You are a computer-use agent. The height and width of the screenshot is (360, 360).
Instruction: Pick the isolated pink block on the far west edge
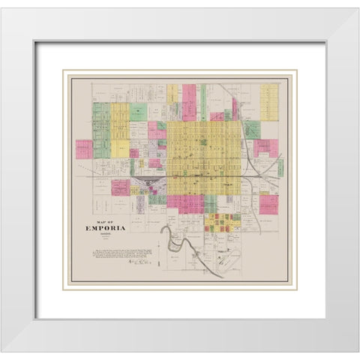pos(83,148)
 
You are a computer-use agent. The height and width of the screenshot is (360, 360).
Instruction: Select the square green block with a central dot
pos(138,112)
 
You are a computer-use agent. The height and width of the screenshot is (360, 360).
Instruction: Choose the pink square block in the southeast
pos(268,204)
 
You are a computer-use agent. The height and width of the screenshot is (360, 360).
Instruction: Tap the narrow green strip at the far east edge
pos(280,166)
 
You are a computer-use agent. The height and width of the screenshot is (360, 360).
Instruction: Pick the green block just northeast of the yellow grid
pos(252,129)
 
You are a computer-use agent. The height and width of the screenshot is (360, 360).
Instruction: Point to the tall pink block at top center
pos(189,102)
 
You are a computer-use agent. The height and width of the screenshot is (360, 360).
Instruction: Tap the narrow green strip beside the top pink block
pos(203,102)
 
